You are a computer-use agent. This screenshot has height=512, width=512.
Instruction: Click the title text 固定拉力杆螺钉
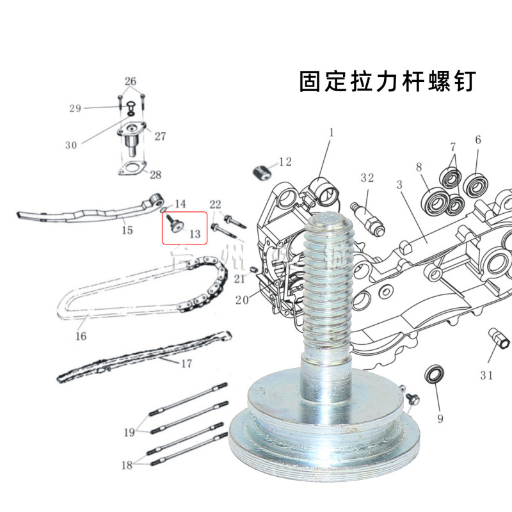pos(388,82)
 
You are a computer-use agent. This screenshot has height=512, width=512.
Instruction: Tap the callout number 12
pos(285,162)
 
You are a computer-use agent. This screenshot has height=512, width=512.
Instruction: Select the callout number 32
pos(367,178)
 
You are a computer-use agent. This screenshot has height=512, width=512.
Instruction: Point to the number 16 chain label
pos(81,335)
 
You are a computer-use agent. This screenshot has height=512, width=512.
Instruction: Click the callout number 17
pos(186,364)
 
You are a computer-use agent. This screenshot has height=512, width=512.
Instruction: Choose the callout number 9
pos(440,419)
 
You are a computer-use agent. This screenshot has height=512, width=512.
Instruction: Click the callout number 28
pos(156,175)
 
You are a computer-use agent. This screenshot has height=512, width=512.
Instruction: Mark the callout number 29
pos(75,108)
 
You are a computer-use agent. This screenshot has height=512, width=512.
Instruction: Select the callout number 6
pos(477,140)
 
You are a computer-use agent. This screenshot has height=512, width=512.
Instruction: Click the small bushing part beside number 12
pos(260,172)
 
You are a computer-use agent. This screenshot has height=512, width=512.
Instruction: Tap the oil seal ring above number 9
pos(435,374)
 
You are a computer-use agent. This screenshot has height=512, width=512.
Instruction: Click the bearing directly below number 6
pos(476,186)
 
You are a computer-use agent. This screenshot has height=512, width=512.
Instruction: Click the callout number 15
pos(127,230)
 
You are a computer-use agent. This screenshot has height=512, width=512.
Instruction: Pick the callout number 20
pos(242,301)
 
